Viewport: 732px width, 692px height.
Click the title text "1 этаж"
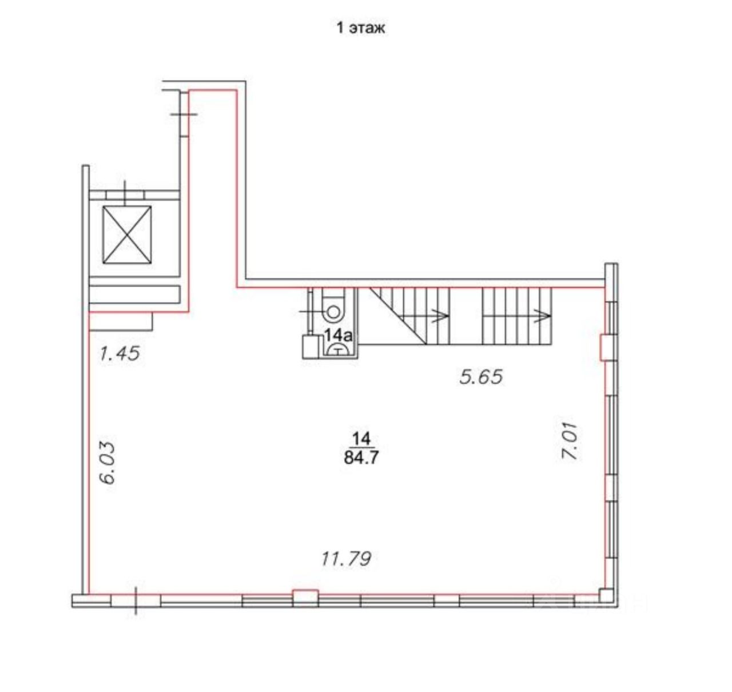point(360,28)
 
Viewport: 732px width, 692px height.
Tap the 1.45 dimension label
point(119,353)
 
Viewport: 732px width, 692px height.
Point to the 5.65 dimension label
point(481,376)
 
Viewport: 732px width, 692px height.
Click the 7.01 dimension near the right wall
point(569,442)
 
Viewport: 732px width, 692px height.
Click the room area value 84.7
point(361,458)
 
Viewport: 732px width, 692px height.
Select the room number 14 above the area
point(361,439)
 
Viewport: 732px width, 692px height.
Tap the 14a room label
point(338,335)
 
